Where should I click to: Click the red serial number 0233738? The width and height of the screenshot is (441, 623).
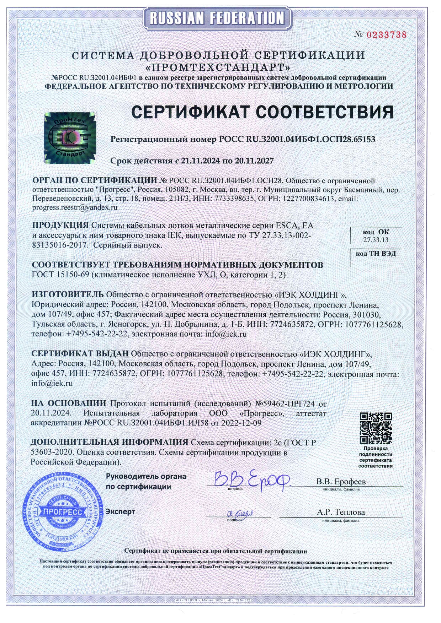coord(386,35)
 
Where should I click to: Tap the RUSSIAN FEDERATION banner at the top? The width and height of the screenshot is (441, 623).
coord(217,18)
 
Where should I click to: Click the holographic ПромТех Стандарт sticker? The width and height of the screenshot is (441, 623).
coord(70,137)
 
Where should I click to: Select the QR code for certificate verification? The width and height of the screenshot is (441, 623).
coord(376,428)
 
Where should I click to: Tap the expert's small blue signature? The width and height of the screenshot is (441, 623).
coord(240,513)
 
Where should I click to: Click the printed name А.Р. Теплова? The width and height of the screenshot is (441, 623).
coord(341,512)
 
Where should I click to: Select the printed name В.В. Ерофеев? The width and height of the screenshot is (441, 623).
coord(341,482)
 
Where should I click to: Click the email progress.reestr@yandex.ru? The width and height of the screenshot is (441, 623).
coord(75,207)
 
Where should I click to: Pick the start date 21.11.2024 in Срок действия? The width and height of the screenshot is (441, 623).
coord(201,161)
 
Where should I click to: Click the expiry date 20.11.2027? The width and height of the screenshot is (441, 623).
coord(254,161)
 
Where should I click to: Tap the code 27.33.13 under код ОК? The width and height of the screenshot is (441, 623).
coord(376,240)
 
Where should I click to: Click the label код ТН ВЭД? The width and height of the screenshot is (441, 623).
coord(376,254)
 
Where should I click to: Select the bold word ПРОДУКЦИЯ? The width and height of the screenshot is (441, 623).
coord(60,225)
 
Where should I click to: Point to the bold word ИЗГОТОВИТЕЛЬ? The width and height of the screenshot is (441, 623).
coord(68,294)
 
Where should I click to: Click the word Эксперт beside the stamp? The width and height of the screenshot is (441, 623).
coord(121,512)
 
